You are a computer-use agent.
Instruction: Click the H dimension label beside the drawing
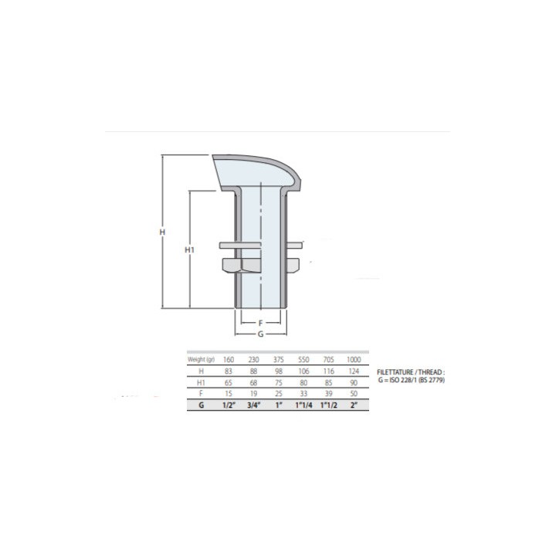click(162, 232)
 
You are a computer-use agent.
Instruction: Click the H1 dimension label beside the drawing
click(190, 250)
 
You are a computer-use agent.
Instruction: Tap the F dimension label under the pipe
click(261, 323)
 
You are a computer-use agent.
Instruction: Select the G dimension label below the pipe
click(261, 334)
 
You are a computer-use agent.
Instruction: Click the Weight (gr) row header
click(201, 360)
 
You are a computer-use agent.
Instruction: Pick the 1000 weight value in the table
click(354, 360)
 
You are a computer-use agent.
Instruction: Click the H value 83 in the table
click(229, 371)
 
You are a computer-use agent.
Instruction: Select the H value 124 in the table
click(354, 371)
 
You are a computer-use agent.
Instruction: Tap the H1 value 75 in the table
click(279, 382)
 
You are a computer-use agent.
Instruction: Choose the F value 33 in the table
click(303, 394)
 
